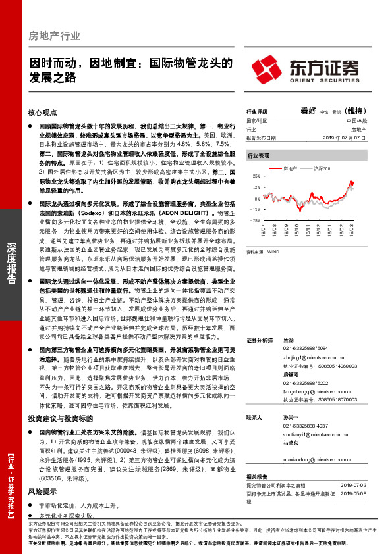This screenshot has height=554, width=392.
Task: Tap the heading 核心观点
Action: [42, 113]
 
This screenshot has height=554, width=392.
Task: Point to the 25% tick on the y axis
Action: [256, 177]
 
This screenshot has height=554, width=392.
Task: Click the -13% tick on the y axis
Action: [255, 209]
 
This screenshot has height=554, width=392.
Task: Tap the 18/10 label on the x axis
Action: [296, 228]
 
